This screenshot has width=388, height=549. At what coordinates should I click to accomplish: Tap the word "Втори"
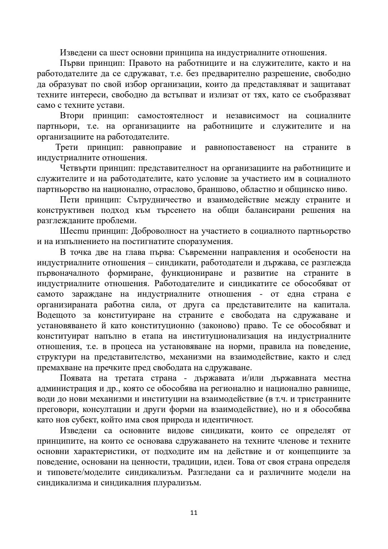point(72,116)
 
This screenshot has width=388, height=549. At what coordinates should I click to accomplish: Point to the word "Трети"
point(67,147)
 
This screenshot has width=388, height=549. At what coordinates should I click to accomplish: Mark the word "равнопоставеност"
point(240,147)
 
